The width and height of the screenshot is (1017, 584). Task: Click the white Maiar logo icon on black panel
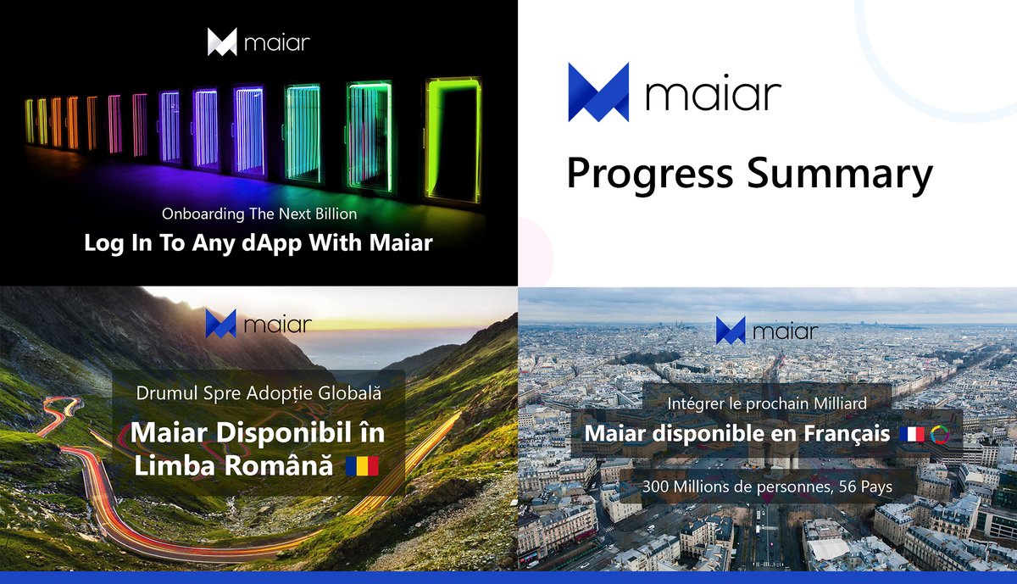(x=222, y=42)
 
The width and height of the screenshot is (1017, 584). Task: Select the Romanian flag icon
(x=362, y=465)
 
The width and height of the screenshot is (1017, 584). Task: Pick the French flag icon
(x=913, y=434)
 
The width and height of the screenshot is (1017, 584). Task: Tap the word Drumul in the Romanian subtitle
(x=163, y=394)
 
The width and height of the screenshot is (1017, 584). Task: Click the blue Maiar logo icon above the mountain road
(x=220, y=324)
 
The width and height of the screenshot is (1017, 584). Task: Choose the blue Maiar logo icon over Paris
(x=731, y=331)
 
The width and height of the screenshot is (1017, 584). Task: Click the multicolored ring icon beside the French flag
(x=940, y=434)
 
